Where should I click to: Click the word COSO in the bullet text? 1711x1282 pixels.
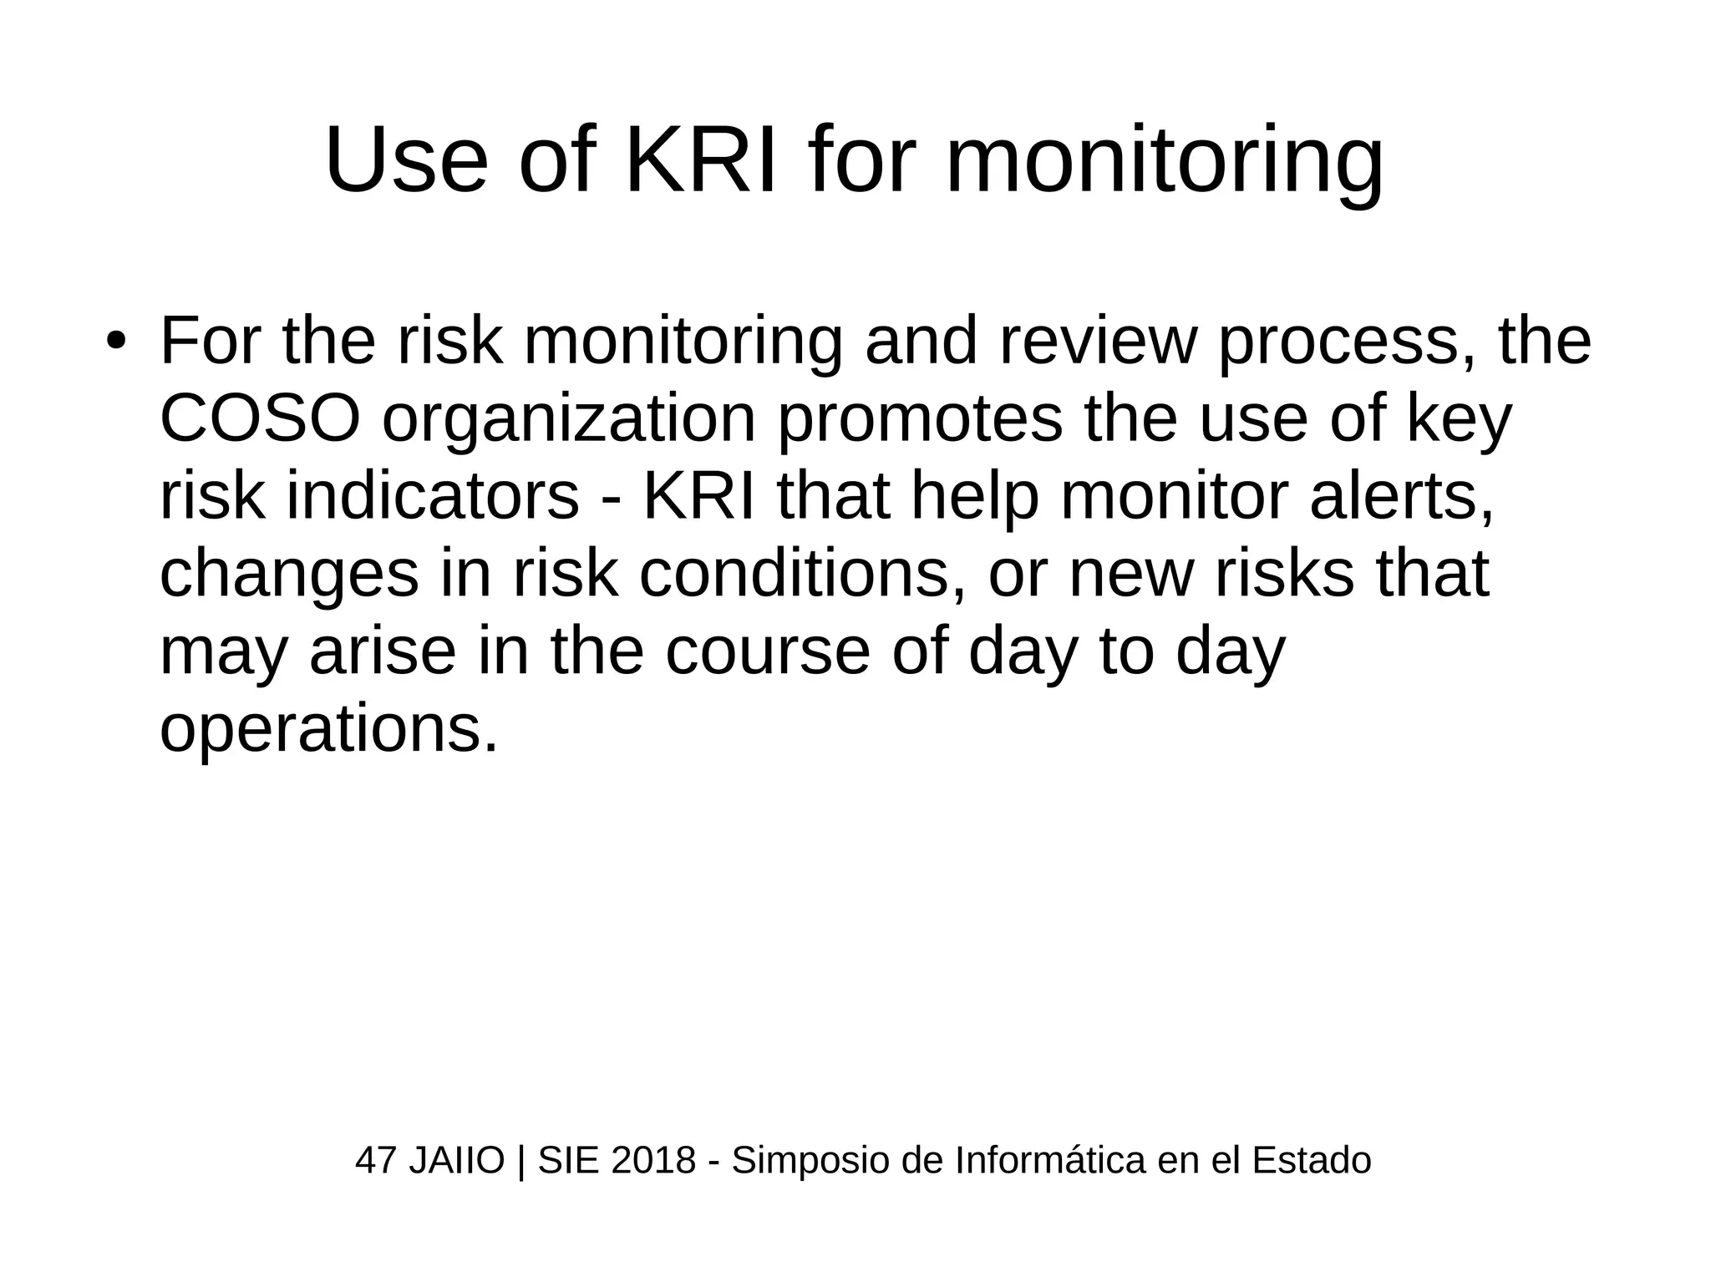(260, 419)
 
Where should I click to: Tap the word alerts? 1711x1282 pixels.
(1401, 497)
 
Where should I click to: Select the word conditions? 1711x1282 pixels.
(803, 574)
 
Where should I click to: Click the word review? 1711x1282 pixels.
(1094, 342)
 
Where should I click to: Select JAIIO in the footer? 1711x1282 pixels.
(456, 1161)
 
